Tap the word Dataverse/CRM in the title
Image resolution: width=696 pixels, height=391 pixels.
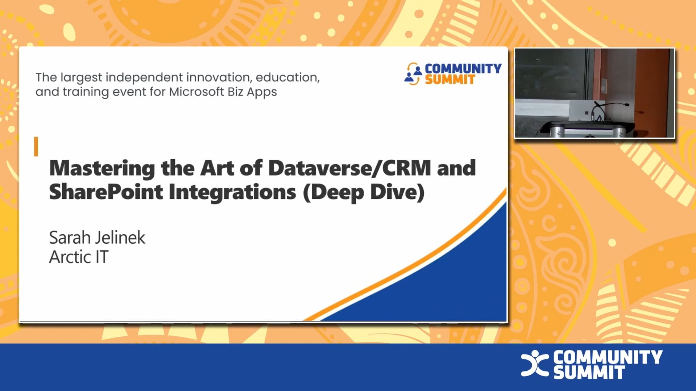[349, 168]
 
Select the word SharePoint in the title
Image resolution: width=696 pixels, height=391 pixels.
[105, 192]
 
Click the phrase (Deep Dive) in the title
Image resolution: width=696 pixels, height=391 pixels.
[364, 192]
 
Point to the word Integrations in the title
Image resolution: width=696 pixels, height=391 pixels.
[232, 192]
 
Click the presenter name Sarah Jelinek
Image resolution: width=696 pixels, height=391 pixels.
[97, 238]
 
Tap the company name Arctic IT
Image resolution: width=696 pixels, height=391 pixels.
[79, 257]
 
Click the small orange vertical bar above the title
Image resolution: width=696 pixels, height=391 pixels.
[36, 147]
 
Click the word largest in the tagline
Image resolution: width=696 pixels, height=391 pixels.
[81, 77]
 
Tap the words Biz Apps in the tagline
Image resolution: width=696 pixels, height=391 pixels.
[252, 92]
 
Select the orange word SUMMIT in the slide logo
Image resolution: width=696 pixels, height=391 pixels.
[449, 80]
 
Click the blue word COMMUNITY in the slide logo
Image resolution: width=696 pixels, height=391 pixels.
[463, 68]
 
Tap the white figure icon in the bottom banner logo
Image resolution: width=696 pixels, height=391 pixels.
[534, 363]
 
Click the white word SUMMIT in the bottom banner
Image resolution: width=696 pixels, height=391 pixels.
[589, 373]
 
